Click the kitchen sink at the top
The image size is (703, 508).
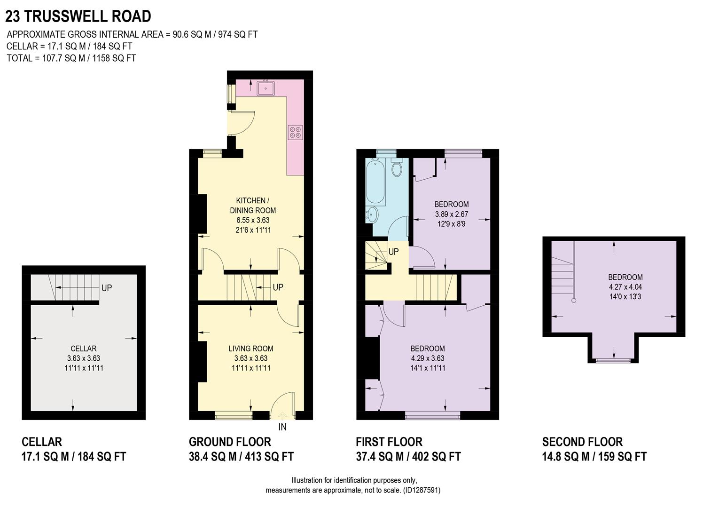click(266, 87)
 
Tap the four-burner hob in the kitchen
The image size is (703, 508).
click(296, 132)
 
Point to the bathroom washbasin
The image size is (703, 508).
click(371, 215)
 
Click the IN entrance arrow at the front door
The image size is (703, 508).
click(282, 416)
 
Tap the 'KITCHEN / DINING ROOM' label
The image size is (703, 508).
click(253, 206)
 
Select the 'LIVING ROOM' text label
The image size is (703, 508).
click(251, 349)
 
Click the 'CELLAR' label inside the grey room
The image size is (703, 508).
click(84, 349)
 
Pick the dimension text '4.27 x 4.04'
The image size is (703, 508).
click(625, 287)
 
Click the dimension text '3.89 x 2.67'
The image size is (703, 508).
click(451, 214)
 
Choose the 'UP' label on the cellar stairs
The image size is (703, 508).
click(107, 288)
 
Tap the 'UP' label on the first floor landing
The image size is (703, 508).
click(393, 252)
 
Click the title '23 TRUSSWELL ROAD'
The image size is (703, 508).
click(78, 16)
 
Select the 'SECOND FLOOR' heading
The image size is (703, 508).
click(582, 442)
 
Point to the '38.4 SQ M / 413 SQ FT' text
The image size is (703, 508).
click(241, 457)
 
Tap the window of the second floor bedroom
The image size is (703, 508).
click(613, 360)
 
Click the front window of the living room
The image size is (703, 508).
click(234, 415)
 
